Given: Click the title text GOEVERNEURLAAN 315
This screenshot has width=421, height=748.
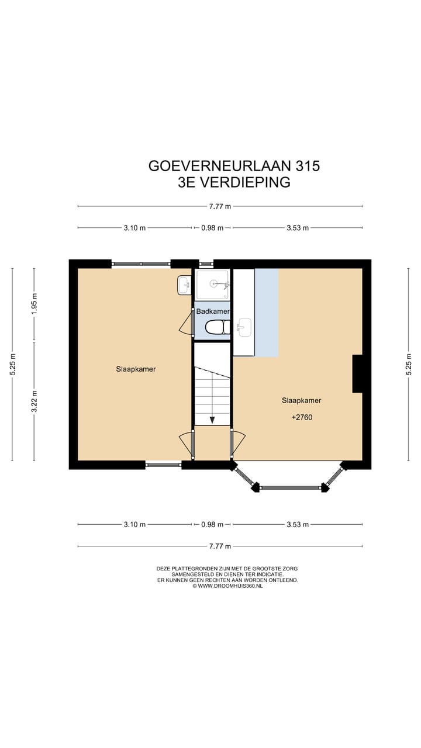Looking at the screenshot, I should [234, 166].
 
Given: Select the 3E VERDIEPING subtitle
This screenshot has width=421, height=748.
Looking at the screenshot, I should [234, 182].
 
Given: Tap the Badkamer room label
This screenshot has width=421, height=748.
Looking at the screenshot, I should [212, 311].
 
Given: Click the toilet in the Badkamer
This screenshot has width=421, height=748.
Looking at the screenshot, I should [215, 328].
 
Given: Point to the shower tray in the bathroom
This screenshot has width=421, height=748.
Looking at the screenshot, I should [212, 284].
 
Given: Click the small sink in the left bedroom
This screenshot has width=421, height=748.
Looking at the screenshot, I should [184, 286].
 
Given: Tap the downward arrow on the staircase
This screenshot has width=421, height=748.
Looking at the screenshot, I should [212, 418].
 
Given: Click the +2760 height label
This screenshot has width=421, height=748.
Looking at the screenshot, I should [301, 418].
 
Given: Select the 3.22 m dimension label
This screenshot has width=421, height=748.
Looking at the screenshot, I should [34, 401].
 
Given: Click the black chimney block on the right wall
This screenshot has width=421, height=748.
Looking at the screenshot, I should [357, 373].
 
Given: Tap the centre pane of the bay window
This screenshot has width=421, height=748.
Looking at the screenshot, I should [290, 487].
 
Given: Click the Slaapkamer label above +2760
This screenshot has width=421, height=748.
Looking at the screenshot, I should [301, 400].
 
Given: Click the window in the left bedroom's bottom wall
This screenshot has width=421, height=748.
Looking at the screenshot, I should [163, 465].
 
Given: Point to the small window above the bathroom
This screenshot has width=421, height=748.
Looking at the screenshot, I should [205, 264].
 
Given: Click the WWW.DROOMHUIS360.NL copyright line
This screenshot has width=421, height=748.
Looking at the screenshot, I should [227, 586].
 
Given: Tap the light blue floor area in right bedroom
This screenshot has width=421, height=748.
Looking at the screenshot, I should [266, 313].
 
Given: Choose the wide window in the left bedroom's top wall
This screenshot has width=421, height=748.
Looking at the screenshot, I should [141, 264].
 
